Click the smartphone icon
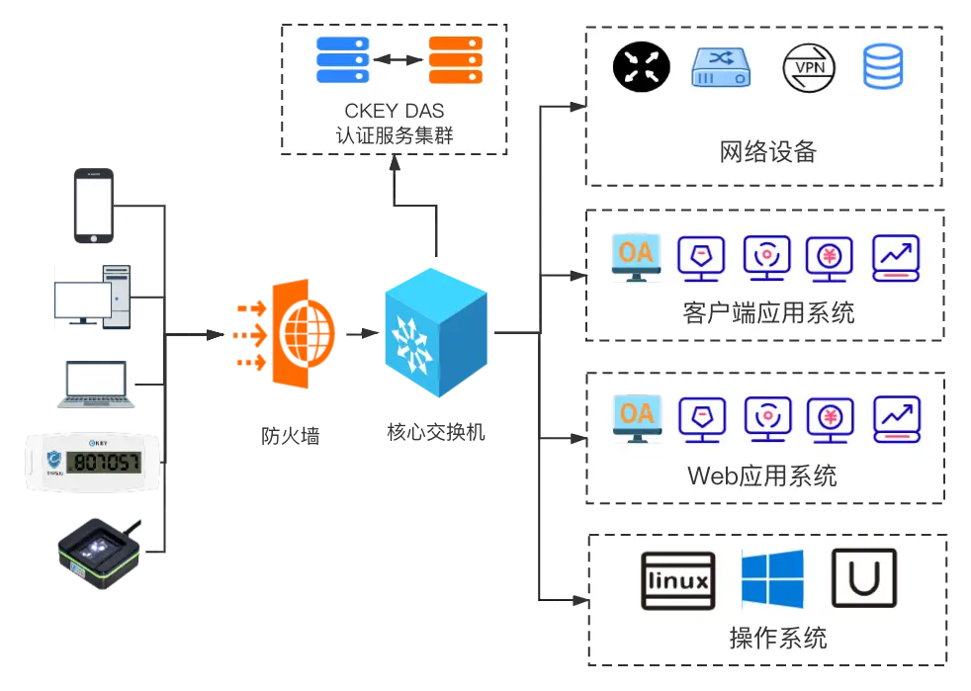click(x=93, y=205)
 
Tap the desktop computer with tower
click(x=93, y=294)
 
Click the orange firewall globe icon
click(x=287, y=334)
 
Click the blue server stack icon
click(x=343, y=60)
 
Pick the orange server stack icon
click(x=455, y=60)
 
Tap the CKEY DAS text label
click(x=395, y=112)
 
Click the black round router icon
click(x=642, y=68)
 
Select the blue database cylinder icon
click(x=883, y=67)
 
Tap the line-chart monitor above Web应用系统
click(x=897, y=419)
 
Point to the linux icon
click(x=678, y=579)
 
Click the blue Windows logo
click(x=772, y=579)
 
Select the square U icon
click(x=864, y=579)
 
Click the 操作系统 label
click(x=778, y=638)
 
